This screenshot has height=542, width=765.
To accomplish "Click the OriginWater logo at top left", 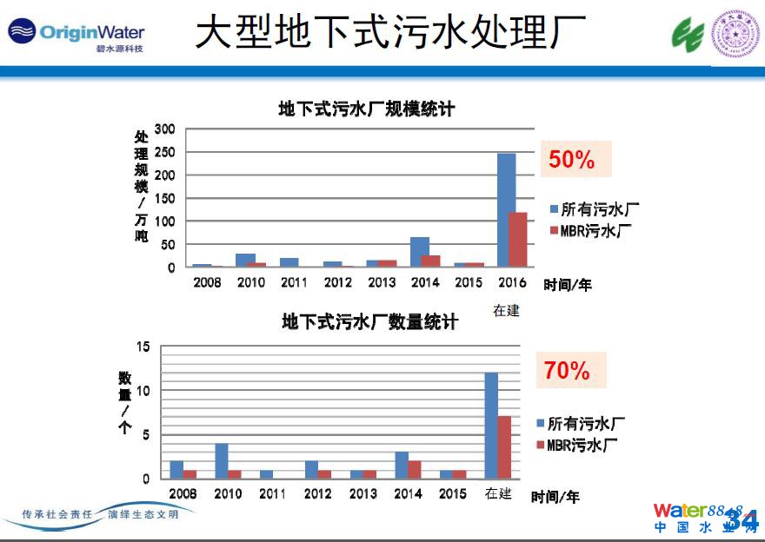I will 76,34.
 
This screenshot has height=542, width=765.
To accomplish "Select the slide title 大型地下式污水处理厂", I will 389,33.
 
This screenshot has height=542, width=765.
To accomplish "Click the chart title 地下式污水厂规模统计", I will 366,109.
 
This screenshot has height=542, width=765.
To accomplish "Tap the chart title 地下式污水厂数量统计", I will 369,322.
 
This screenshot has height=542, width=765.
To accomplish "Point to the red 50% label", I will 571,160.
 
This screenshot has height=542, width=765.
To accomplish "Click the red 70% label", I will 567,371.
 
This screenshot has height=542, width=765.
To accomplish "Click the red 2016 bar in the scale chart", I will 517,239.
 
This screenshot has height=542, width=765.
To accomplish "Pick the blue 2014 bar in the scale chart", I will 420,252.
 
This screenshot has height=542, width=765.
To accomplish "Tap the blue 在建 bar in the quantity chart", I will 491,425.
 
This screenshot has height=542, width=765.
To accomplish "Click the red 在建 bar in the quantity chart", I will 504,446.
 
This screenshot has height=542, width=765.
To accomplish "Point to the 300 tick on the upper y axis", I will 164,129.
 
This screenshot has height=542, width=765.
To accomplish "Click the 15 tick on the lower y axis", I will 143,347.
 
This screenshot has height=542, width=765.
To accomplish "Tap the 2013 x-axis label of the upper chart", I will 382,282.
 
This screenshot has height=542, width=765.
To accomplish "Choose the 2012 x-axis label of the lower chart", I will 318,494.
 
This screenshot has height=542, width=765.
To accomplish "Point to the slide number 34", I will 742,519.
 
